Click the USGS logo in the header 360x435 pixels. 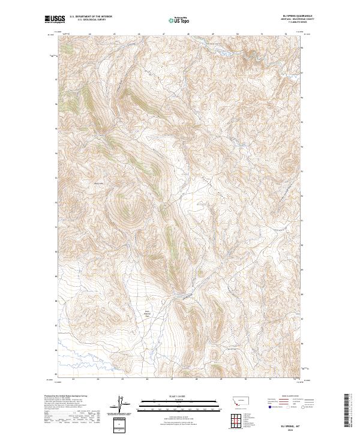pos(54,20)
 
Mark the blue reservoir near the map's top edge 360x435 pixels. pos(223,53)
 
